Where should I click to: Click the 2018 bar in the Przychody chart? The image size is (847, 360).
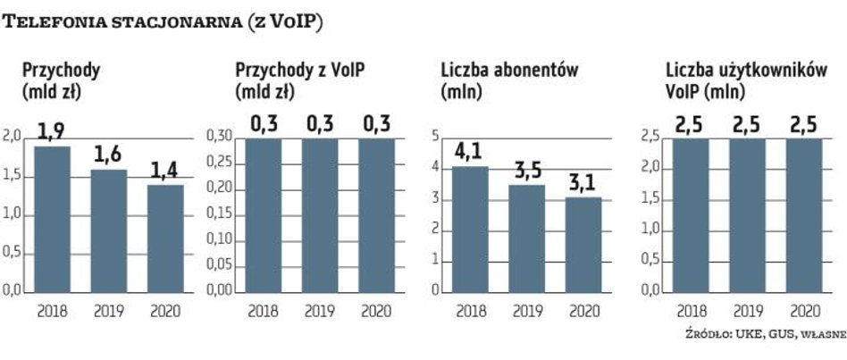point(52,219)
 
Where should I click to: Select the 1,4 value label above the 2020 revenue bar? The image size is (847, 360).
point(164,171)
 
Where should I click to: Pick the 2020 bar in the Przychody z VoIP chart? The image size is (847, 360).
point(376,214)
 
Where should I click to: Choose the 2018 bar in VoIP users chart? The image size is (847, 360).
point(691,214)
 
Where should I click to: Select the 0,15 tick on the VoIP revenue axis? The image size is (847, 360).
point(220,214)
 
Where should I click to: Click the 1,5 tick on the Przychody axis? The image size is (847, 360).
point(13,175)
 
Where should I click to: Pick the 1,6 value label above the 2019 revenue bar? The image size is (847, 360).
point(107,155)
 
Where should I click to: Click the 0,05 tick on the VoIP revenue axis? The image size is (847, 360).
point(220,265)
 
